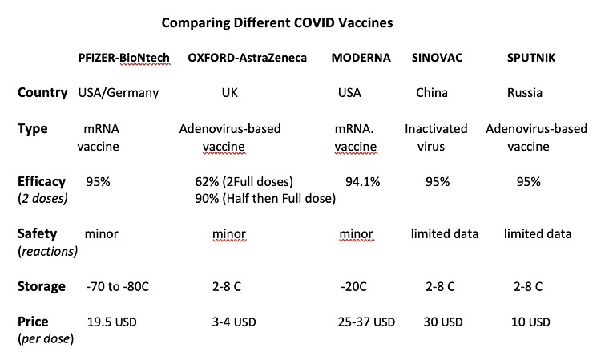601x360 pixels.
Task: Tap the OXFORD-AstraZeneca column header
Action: (247, 59)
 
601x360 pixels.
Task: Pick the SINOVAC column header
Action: (438, 59)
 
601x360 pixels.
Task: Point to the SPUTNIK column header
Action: (530, 59)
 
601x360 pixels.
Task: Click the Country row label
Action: (42, 92)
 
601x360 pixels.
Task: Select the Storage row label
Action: (41, 286)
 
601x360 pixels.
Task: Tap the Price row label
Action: (34, 322)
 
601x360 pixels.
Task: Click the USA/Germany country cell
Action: (118, 93)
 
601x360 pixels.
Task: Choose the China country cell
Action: (432, 93)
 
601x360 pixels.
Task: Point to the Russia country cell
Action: (525, 93)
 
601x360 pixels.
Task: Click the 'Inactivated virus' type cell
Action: (436, 137)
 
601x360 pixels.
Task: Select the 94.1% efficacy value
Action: (361, 182)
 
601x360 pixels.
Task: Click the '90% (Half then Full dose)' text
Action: (264, 199)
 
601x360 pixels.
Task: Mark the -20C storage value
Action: (355, 287)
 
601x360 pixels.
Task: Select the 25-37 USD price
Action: (368, 322)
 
